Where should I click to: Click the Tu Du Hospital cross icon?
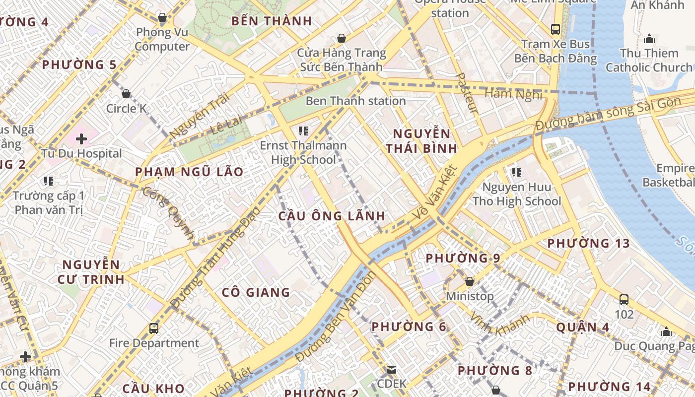81,138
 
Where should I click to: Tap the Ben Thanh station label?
355,101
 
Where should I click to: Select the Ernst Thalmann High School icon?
303,131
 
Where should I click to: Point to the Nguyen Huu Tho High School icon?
516,172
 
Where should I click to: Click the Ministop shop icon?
469,281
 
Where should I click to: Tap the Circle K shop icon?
126,93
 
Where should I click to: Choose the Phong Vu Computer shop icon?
162,17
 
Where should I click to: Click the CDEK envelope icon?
392,369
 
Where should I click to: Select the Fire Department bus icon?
154,328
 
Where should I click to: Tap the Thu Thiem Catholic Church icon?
649,39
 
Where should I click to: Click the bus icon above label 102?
624,299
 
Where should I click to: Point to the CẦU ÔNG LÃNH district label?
332,216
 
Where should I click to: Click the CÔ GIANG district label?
256,292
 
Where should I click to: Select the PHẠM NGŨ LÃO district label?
190,172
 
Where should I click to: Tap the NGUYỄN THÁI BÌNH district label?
422,141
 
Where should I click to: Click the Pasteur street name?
467,93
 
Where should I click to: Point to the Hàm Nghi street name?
513,93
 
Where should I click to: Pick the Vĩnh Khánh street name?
499,324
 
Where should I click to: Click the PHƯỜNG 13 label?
588,244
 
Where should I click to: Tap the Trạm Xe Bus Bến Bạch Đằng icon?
555,29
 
